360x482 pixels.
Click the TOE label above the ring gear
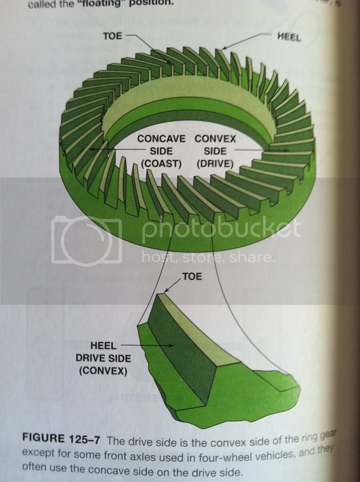click(113, 35)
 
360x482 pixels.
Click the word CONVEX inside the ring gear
click(214, 139)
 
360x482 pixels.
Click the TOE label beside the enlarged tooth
click(192, 277)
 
